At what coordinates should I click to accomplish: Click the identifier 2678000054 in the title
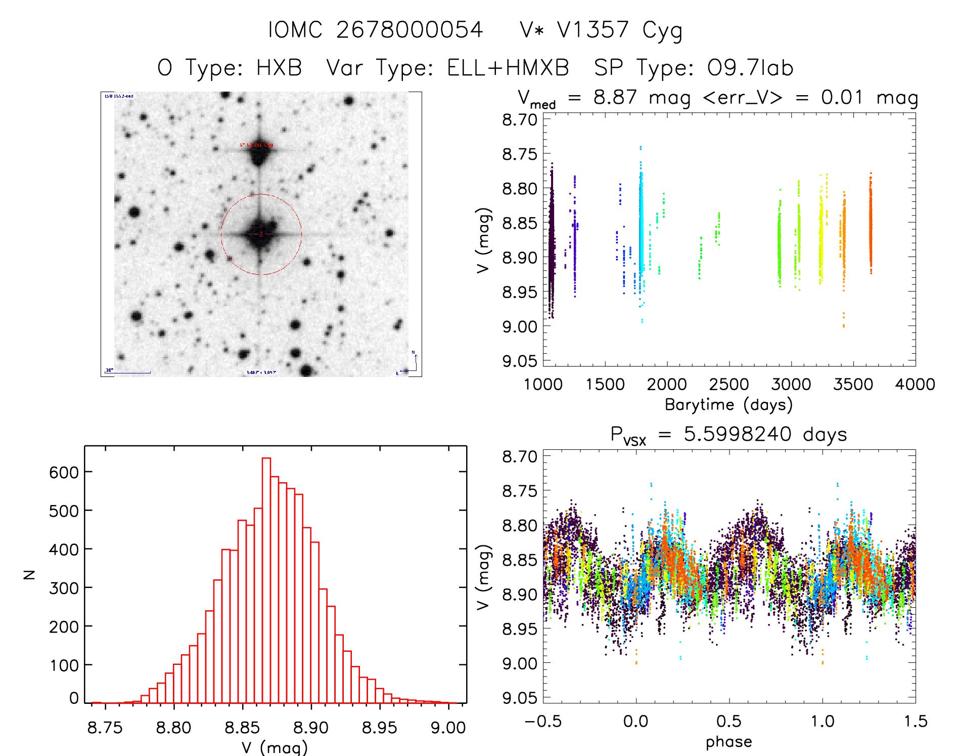410,30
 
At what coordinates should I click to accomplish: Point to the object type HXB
279,68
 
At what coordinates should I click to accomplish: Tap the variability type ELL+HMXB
508,68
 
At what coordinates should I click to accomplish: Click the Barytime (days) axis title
729,404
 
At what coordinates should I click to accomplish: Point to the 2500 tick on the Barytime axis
729,384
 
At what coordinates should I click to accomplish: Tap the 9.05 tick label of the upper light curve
520,361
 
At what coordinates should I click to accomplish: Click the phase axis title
729,741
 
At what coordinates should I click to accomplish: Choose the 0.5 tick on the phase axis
729,721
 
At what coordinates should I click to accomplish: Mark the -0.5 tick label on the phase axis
543,721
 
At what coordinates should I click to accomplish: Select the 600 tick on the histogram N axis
64,472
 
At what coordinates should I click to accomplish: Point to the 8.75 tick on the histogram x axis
105,728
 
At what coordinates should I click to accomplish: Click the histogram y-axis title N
29,574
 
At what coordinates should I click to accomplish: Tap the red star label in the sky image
256,145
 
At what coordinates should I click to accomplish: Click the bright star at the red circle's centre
260,234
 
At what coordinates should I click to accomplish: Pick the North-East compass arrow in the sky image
412,363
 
